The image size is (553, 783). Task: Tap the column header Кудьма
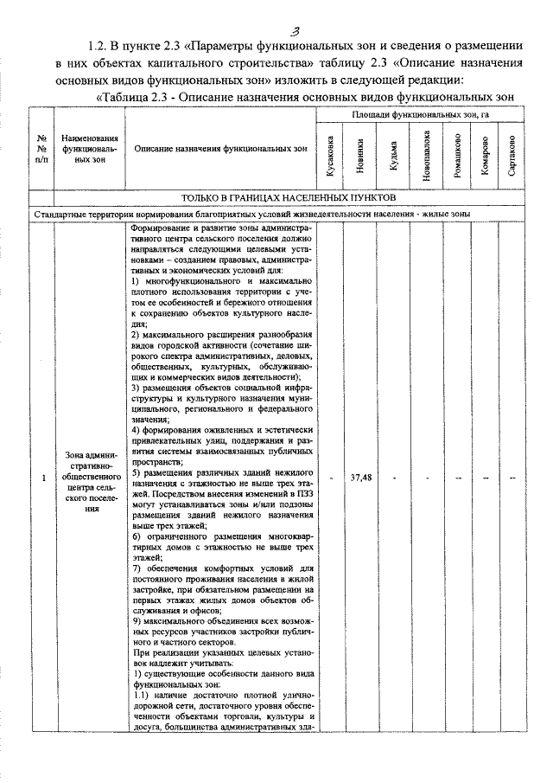(x=393, y=156)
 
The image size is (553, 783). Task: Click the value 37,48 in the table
(x=361, y=478)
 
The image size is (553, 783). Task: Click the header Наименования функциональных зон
(x=83, y=148)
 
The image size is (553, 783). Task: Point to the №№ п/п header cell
(x=41, y=148)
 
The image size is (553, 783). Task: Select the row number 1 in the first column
(x=41, y=478)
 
